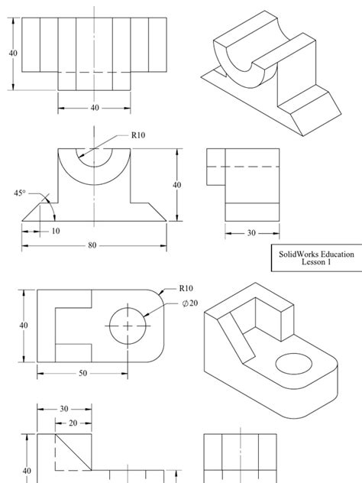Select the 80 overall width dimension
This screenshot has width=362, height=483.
click(x=92, y=245)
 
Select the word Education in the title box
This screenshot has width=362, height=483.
click(x=332, y=254)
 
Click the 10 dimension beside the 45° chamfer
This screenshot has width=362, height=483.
click(x=56, y=230)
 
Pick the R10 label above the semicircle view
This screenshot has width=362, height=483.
click(x=138, y=135)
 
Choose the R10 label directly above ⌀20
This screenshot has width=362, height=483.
click(x=186, y=289)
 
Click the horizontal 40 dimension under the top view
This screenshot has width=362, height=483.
click(x=94, y=108)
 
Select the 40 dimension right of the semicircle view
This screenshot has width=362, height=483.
click(x=177, y=185)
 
